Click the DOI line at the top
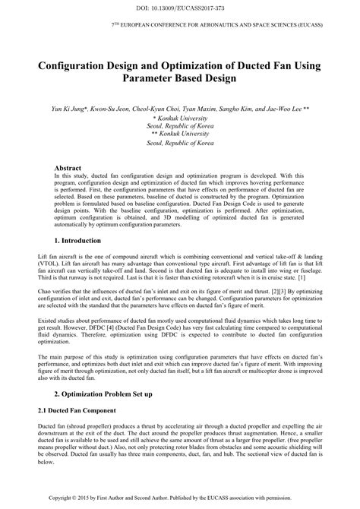[180, 8]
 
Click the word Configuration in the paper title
[79, 66]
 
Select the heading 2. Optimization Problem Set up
[105, 394]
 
